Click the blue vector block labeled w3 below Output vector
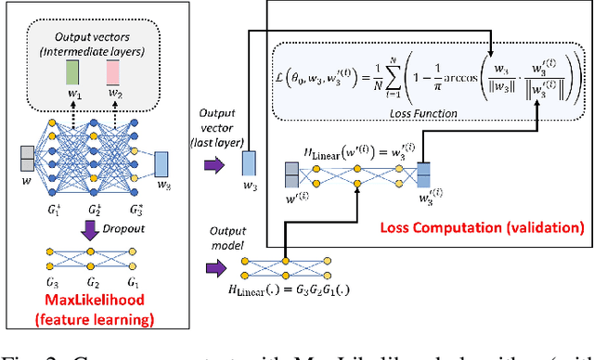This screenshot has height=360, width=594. pyautogui.click(x=250, y=163)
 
